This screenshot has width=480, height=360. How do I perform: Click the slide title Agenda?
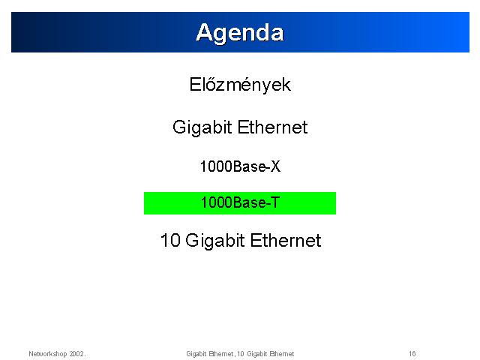click(x=240, y=33)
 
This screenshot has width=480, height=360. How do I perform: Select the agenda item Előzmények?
click(x=240, y=85)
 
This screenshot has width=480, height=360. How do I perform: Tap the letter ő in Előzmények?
click(x=211, y=83)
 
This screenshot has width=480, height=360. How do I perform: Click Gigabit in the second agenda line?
click(x=202, y=127)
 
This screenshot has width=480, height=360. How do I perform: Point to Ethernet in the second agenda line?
click(x=272, y=127)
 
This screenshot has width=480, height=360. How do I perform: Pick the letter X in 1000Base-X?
click(x=275, y=166)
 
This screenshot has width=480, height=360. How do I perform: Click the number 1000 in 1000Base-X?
click(x=217, y=166)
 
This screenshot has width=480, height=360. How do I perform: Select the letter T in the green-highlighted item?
click(x=275, y=202)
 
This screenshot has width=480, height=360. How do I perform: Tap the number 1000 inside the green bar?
click(x=217, y=202)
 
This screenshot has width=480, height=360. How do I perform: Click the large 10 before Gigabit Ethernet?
click(x=170, y=240)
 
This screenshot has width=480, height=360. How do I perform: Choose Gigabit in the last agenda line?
click(x=215, y=241)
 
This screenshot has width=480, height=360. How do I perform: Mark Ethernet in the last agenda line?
click(x=286, y=240)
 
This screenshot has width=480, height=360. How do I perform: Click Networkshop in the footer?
click(x=48, y=354)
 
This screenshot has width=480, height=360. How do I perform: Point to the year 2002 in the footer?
click(x=76, y=354)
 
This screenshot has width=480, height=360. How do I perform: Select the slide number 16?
click(x=412, y=354)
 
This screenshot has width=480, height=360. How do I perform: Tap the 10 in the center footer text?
click(x=241, y=354)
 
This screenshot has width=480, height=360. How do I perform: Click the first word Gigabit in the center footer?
click(x=196, y=354)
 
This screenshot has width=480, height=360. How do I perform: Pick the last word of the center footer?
click(x=282, y=354)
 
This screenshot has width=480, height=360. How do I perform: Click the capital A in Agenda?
click(x=204, y=32)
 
